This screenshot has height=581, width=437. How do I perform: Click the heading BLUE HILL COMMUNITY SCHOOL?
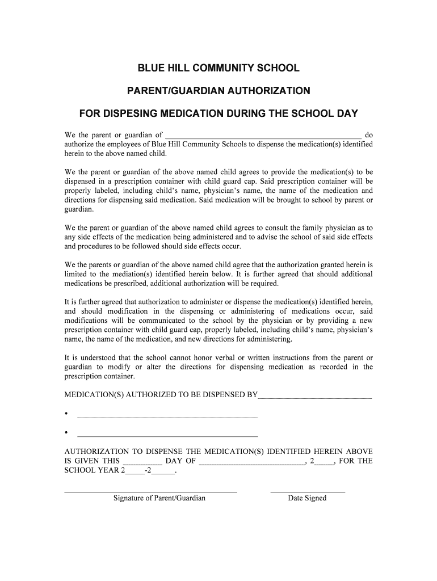point(218,69)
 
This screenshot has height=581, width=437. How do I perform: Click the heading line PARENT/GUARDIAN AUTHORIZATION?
point(218,91)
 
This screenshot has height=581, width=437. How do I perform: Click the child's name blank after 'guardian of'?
point(262,136)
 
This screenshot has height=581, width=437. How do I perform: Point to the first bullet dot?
point(67,414)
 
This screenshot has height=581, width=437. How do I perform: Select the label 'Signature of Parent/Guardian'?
point(159,498)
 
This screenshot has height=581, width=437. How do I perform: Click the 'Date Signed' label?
point(307,498)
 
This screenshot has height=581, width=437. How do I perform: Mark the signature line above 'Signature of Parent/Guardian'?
point(151,491)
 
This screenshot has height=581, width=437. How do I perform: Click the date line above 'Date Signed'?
point(308,491)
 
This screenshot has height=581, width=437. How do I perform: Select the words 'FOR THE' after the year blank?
point(356,461)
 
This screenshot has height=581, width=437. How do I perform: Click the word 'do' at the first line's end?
point(368,135)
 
